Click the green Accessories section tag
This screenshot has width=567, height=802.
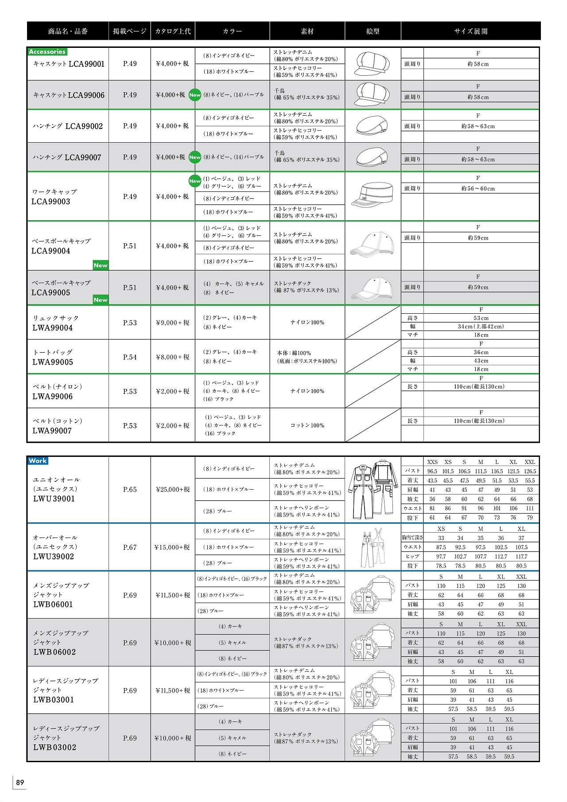click(47, 52)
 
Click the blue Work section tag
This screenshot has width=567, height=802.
click(38, 461)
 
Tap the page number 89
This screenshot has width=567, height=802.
click(20, 783)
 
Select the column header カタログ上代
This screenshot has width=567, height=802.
click(173, 31)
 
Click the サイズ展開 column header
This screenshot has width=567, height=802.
click(470, 31)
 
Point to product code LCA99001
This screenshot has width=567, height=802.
click(86, 64)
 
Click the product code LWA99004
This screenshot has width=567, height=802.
click(52, 328)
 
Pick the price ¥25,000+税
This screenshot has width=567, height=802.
click(173, 490)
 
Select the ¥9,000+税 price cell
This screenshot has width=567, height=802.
click(172, 323)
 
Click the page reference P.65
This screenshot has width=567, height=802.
click(130, 490)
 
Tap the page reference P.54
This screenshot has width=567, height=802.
click(130, 357)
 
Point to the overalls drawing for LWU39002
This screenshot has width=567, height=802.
click(373, 548)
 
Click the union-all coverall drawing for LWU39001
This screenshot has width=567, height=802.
click(373, 490)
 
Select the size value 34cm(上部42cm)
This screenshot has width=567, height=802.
click(481, 327)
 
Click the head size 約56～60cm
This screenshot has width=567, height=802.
click(478, 189)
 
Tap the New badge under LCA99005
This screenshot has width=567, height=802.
click(101, 300)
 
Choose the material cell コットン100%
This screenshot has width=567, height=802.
click(307, 425)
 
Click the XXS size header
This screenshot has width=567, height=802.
click(432, 462)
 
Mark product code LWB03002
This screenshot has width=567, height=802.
click(54, 747)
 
